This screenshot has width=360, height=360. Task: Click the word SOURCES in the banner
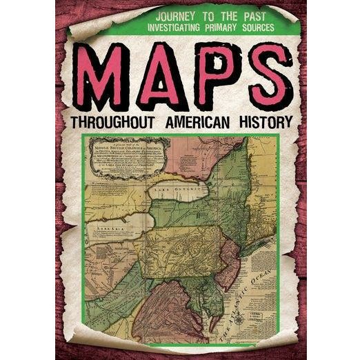[263, 28]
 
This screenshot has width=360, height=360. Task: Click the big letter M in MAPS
[105, 76]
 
